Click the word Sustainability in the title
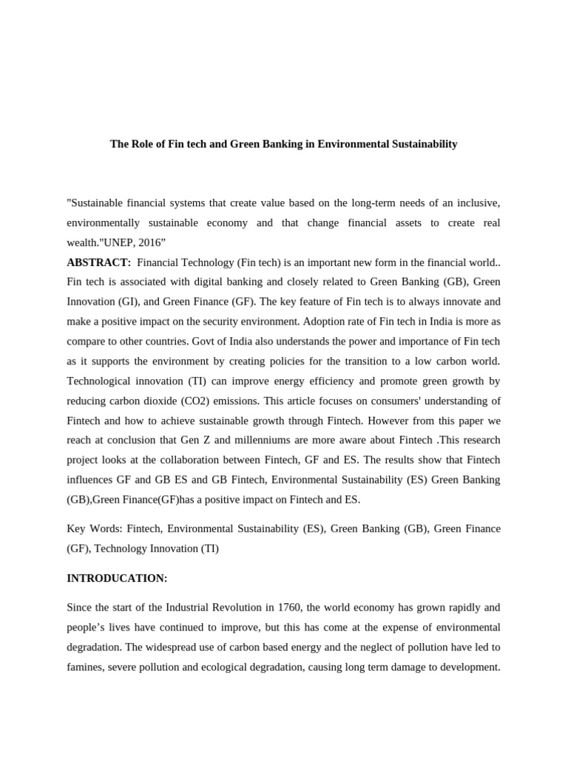tap(421, 144)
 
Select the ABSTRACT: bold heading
tap(99, 262)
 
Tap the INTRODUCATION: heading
tap(117, 578)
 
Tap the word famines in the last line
tap(85, 668)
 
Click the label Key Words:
tap(94, 529)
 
